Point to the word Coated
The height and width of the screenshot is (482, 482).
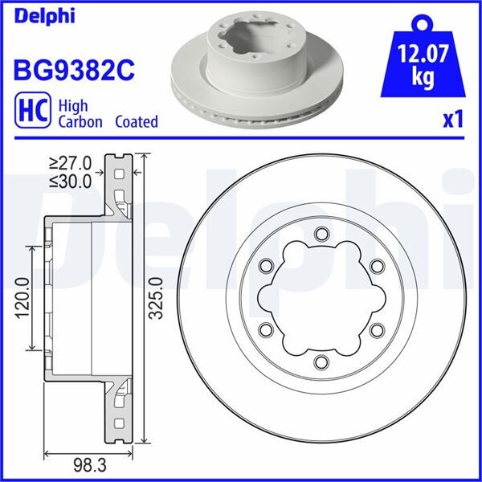(x=136, y=122)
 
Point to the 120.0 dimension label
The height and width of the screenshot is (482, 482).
(x=22, y=299)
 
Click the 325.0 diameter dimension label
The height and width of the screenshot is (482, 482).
(x=157, y=299)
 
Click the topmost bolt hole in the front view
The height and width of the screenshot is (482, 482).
(x=321, y=234)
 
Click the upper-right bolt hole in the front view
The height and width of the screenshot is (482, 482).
(x=375, y=266)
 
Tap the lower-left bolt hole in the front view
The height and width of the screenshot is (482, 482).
(x=266, y=329)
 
